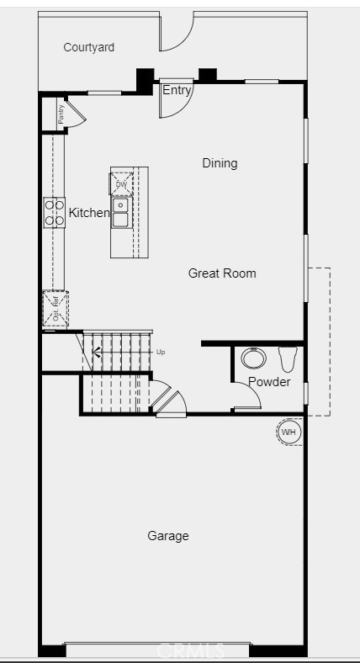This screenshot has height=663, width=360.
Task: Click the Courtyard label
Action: coord(88,48)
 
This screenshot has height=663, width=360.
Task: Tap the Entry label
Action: coord(177,91)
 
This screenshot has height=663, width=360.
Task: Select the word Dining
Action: coord(220,163)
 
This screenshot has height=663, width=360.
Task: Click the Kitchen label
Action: coord(89,213)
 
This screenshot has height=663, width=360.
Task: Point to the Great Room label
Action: coord(222,273)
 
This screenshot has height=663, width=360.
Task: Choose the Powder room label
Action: coord(269,382)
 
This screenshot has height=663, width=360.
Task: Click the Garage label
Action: coord(168,536)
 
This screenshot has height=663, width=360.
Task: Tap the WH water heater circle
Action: coord(289,432)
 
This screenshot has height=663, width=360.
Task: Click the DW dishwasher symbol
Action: coord(121,184)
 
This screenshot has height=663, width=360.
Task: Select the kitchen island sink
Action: coord(121,213)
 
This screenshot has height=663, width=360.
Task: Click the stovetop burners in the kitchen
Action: coord(55,212)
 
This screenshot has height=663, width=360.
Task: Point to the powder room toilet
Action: coord(288,359)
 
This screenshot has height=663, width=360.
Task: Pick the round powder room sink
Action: coord(253,358)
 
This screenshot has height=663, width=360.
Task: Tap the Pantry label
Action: coord(61,114)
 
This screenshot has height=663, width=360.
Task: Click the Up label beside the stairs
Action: coord(161,352)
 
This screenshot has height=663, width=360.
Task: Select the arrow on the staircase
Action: coord(97,353)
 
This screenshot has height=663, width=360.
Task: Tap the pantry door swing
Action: coord(74,115)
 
